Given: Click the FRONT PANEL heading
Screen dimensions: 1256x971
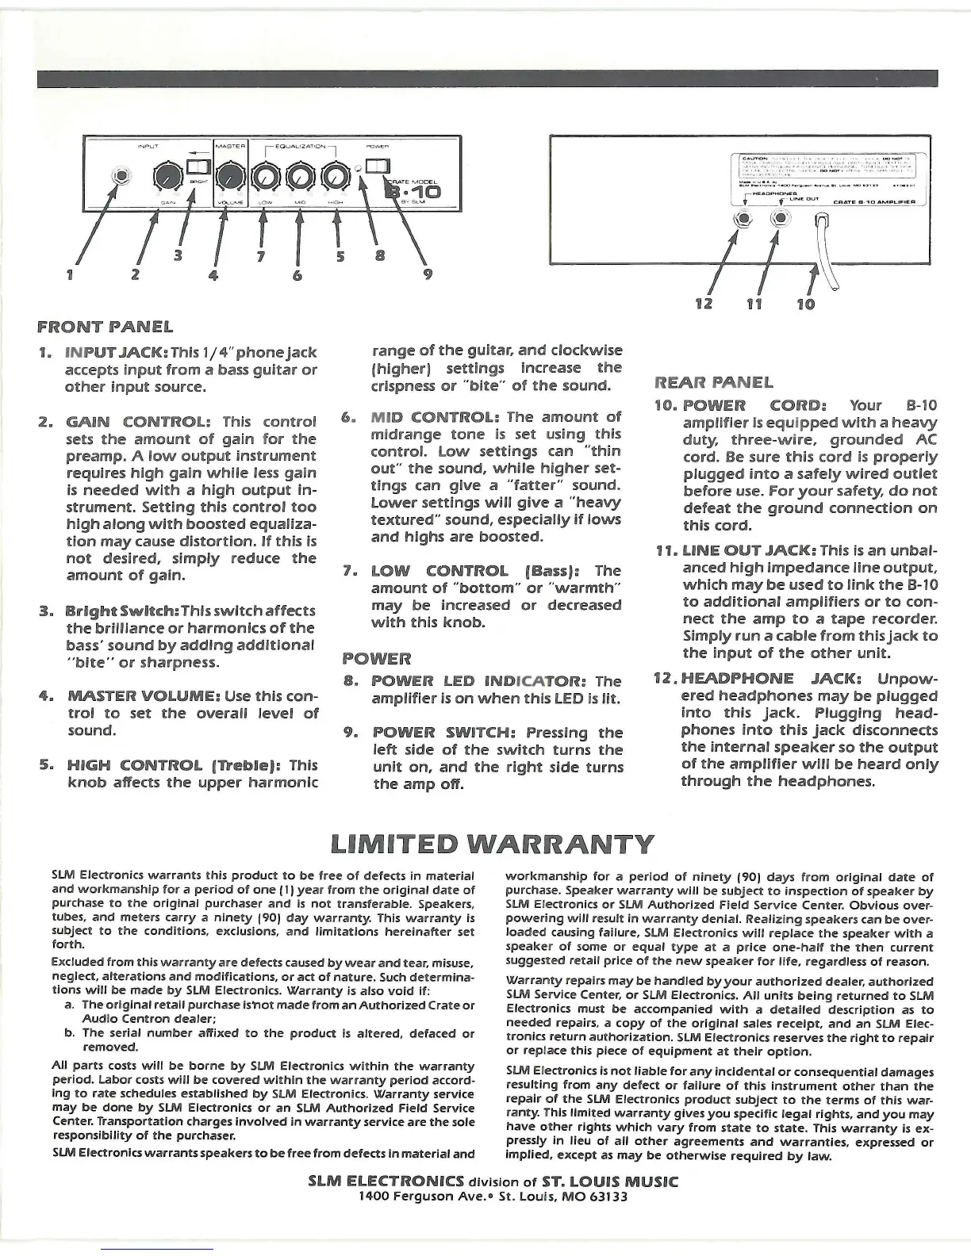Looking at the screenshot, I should coord(105,326).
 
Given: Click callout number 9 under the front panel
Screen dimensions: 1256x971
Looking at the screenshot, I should coord(429,276).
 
